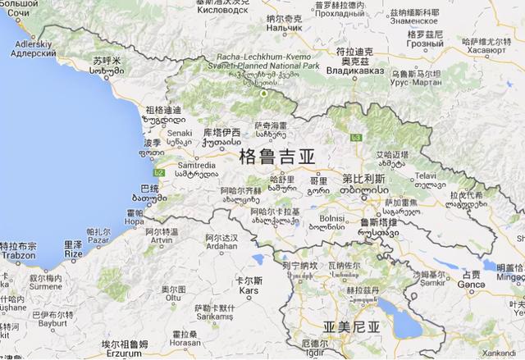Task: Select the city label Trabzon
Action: (x=17, y=255)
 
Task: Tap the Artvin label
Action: (x=161, y=240)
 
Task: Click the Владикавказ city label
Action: (x=354, y=71)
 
